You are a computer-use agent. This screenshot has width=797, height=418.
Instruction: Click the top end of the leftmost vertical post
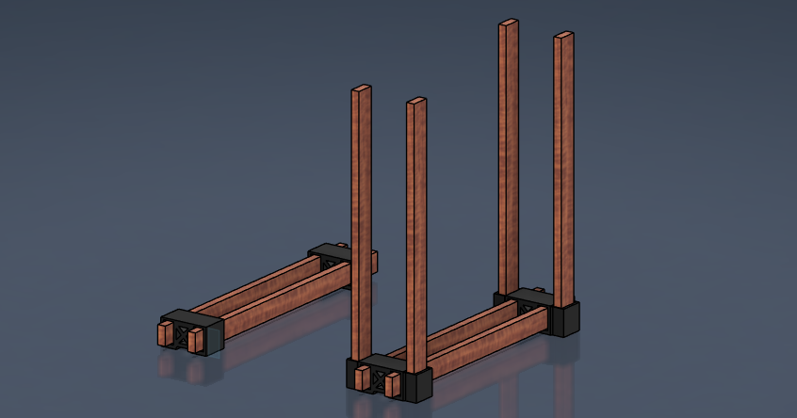[x=362, y=90]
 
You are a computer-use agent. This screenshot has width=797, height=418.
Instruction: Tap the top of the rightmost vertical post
[x=563, y=36]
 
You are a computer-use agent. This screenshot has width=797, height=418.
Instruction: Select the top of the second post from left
[x=416, y=102]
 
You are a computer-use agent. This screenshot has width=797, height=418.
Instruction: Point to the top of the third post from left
[x=509, y=24]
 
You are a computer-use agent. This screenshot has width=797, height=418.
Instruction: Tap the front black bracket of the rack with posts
[x=415, y=377]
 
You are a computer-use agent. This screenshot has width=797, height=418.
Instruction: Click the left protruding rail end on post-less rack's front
[x=165, y=334]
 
